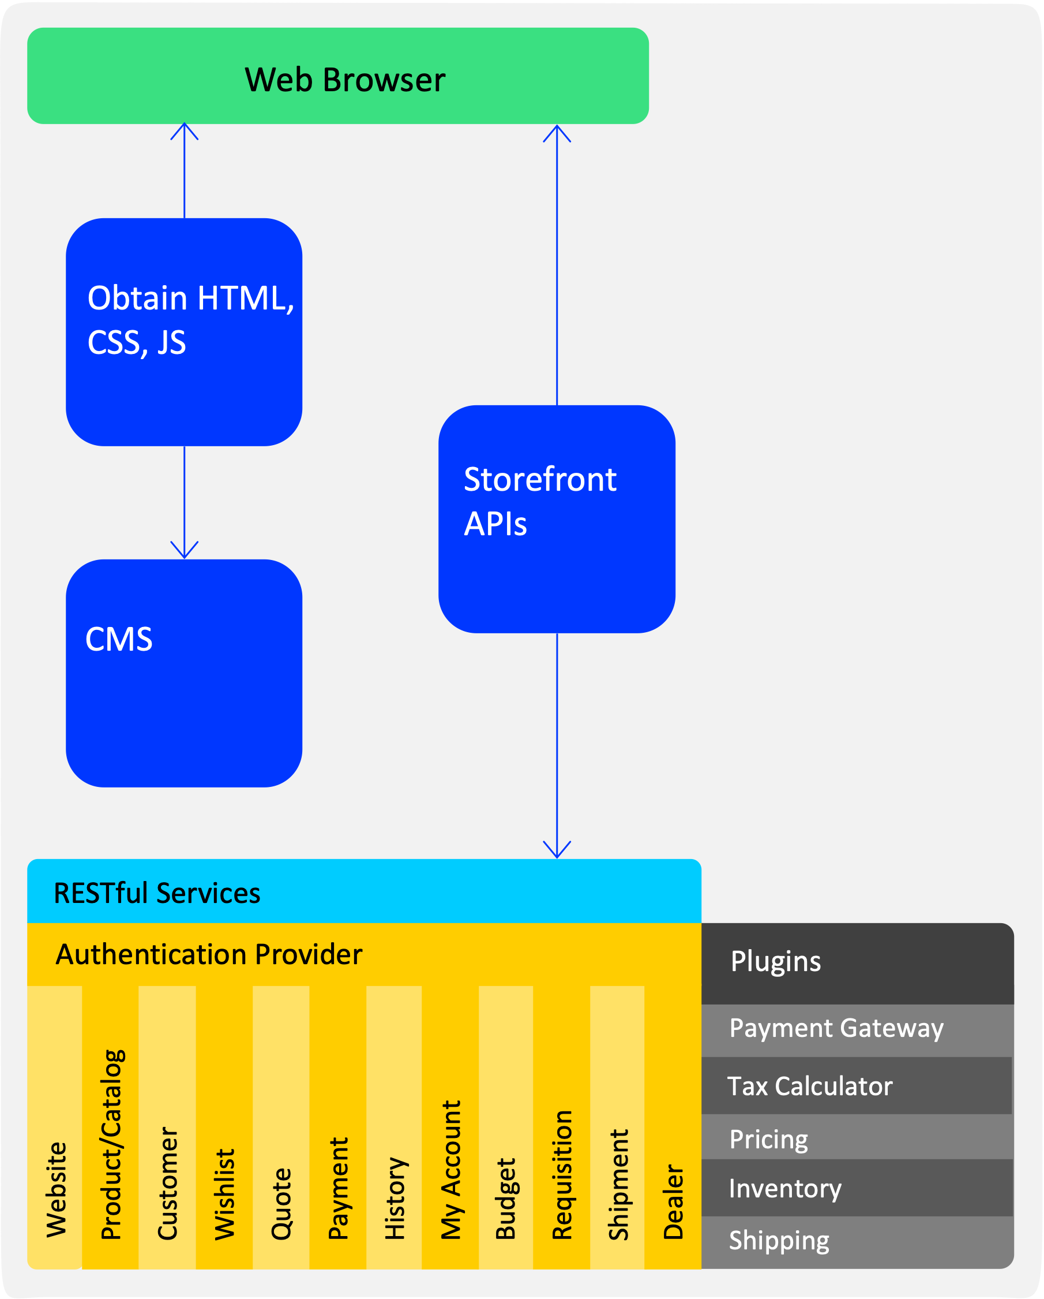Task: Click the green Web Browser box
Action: tap(338, 76)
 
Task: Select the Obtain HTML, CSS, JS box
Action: tap(184, 332)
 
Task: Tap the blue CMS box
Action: tap(184, 673)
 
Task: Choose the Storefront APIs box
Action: tap(557, 520)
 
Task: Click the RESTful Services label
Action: tap(157, 893)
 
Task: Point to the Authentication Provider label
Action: tap(209, 954)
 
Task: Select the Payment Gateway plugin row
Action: tap(857, 1031)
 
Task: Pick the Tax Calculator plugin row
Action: tap(857, 1085)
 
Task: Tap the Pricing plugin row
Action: tap(857, 1137)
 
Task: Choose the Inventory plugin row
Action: tap(857, 1188)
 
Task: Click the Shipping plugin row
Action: tap(857, 1242)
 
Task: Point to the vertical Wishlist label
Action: tap(224, 1194)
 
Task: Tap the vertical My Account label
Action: tap(451, 1170)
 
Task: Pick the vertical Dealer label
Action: tap(674, 1201)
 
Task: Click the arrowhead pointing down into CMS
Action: tap(184, 551)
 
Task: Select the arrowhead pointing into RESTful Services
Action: tap(557, 849)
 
